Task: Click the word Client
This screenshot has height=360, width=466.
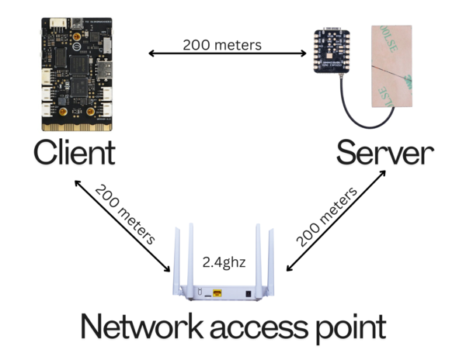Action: tap(75, 152)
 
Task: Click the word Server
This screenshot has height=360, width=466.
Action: tap(385, 153)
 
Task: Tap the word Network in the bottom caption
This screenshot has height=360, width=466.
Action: tap(142, 326)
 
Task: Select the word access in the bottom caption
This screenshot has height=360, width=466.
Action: tap(259, 329)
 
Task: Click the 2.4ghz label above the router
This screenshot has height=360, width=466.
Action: tap(224, 262)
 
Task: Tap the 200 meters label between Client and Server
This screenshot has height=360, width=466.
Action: tap(222, 45)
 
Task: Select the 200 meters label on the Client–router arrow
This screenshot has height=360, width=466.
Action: tap(125, 214)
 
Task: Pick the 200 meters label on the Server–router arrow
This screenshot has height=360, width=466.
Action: tap(327, 217)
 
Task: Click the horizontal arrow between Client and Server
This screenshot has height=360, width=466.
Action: tap(228, 54)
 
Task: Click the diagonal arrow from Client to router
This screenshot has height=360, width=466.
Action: tap(122, 226)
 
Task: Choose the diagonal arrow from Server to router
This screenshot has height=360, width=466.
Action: tap(336, 220)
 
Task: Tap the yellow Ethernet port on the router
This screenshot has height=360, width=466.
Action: tap(217, 293)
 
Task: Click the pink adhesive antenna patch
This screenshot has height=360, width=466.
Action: tap(391, 66)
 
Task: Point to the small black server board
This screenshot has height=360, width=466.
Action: tap(332, 50)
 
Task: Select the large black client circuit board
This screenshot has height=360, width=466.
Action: tap(77, 74)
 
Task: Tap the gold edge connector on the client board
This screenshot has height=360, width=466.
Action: tap(77, 127)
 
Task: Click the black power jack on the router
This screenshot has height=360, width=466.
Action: tap(248, 294)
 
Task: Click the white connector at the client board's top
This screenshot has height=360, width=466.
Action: tap(58, 22)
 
